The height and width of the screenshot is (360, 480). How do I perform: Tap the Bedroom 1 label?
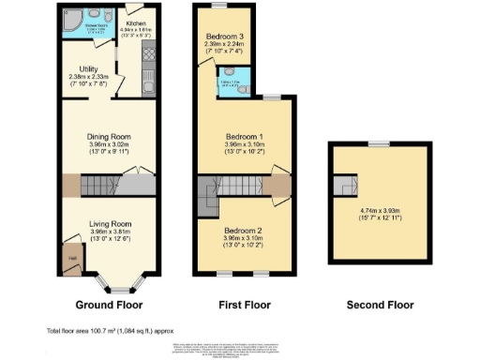pyautogui.click(x=244, y=136)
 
